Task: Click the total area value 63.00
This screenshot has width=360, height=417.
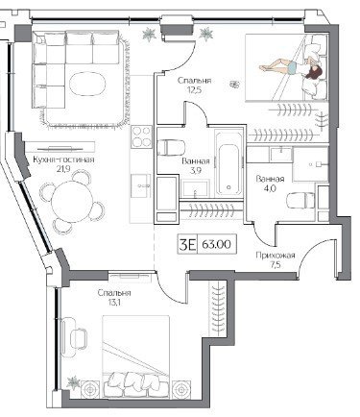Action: pyautogui.click(x=216, y=245)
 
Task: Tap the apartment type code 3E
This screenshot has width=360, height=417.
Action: pyautogui.click(x=187, y=245)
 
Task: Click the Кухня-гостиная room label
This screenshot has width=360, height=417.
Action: pyautogui.click(x=63, y=159)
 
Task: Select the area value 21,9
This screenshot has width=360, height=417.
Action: pyautogui.click(x=63, y=169)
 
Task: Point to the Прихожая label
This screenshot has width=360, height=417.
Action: pyautogui.click(x=275, y=256)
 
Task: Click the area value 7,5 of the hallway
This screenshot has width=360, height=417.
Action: pyautogui.click(x=275, y=265)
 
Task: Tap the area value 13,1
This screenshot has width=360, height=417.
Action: pyautogui.click(x=114, y=302)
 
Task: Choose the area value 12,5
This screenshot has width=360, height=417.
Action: pyautogui.click(x=194, y=89)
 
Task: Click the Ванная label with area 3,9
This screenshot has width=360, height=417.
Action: pyautogui.click(x=196, y=161)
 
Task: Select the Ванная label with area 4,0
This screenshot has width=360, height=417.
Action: pyautogui.click(x=270, y=179)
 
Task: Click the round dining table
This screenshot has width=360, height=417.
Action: pyautogui.click(x=72, y=202)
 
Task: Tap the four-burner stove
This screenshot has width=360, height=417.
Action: pyautogui.click(x=141, y=136)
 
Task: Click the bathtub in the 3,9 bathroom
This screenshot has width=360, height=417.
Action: pyautogui.click(x=228, y=162)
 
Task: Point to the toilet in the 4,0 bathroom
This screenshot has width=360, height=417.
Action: pyautogui.click(x=300, y=200)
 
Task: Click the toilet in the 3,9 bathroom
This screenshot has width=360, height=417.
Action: pyautogui.click(x=171, y=148)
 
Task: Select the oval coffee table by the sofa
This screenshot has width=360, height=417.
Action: pyautogui.click(x=87, y=84)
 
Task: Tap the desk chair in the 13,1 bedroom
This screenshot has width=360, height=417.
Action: pyautogui.click(x=78, y=337)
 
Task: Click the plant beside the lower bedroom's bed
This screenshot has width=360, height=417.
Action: pyautogui.click(x=73, y=383)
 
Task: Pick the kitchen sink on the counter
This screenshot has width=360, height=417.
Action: pyautogui.click(x=141, y=185)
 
